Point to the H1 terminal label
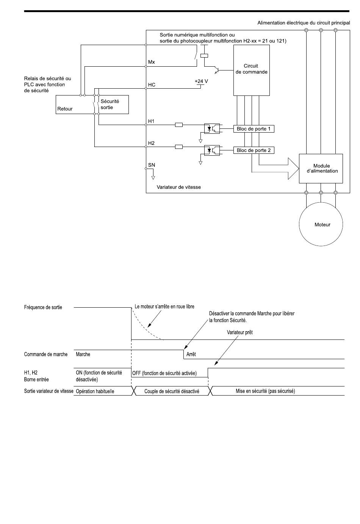[x=151, y=121]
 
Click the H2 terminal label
[x=151, y=143]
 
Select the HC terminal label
[x=152, y=85]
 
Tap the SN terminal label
[x=152, y=165]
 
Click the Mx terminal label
[x=151, y=62]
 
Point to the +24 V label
[x=201, y=81]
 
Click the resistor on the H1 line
[x=179, y=125]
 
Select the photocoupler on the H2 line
[x=212, y=150]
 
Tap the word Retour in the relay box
[x=65, y=109]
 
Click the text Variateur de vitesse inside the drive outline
[x=179, y=187]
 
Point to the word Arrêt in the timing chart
[x=191, y=354]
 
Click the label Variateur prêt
[x=240, y=332]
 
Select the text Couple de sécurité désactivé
[x=172, y=391]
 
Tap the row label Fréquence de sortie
[x=43, y=307]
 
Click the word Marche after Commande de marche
[x=83, y=354]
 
